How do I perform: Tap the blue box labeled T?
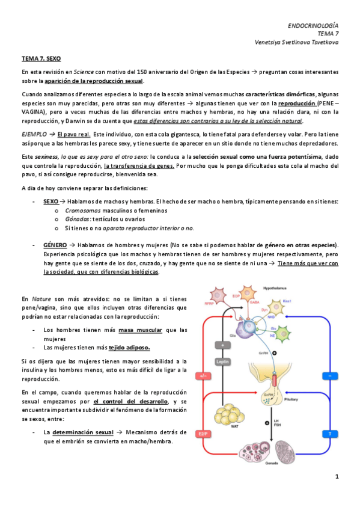click(x=329, y=433)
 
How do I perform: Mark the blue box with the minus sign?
click(x=329, y=376)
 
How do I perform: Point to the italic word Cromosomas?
click(x=82, y=210)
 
